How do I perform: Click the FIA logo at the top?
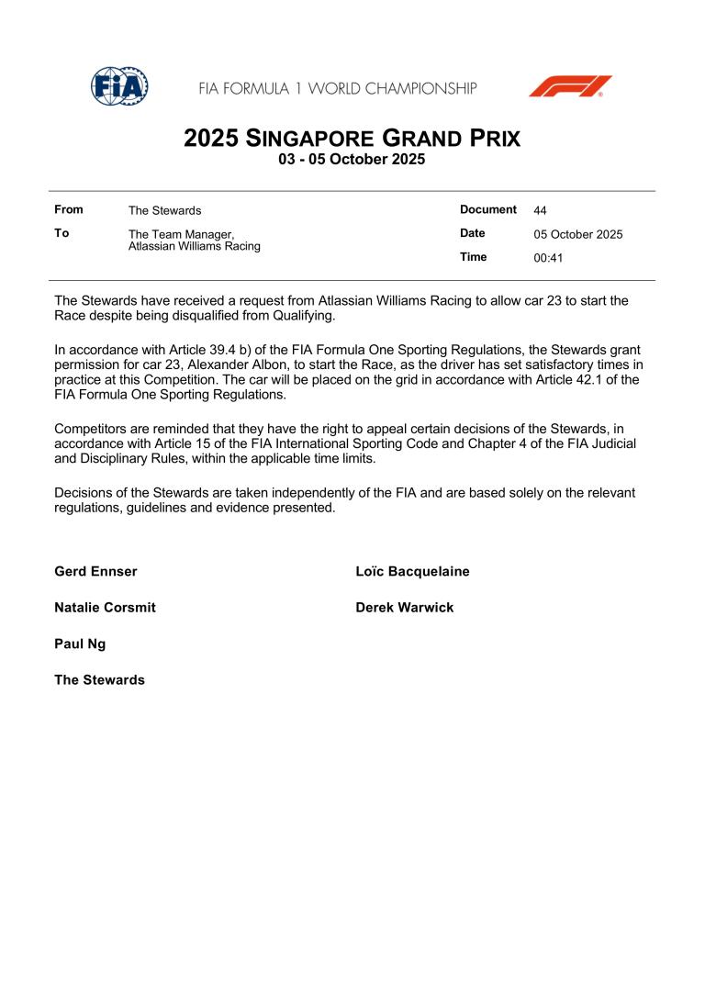(x=119, y=86)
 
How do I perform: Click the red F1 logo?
(x=570, y=86)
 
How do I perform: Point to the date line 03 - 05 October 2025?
(x=352, y=159)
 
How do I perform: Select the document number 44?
(x=541, y=210)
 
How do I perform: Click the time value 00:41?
(x=548, y=258)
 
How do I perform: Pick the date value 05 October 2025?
(x=578, y=234)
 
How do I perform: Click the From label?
(x=69, y=210)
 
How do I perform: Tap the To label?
(x=62, y=233)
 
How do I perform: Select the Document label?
(x=488, y=209)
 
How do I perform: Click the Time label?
(x=474, y=257)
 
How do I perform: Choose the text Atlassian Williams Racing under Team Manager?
(x=194, y=246)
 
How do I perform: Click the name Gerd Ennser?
(x=95, y=571)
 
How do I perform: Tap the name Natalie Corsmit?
(x=105, y=608)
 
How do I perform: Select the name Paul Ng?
(x=80, y=644)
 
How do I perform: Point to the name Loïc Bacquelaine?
(x=412, y=571)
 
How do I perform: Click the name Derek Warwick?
(x=404, y=608)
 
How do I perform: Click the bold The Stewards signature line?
(x=99, y=680)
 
